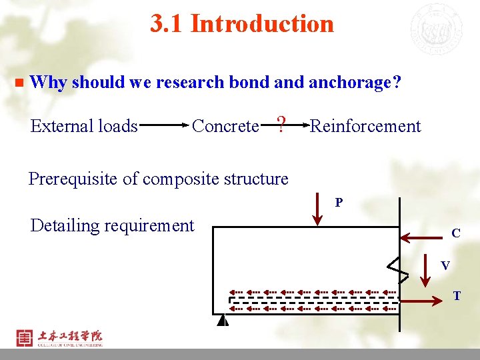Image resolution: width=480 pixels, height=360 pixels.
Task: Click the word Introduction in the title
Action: [x=262, y=24]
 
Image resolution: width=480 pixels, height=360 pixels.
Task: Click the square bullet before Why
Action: [x=19, y=83]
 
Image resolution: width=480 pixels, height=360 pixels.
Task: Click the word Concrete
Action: [x=225, y=126]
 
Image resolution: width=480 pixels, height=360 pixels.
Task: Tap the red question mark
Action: [x=281, y=124]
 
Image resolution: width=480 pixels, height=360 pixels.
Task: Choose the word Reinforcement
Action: [x=365, y=126]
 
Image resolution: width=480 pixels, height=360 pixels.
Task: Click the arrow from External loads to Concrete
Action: [x=163, y=125]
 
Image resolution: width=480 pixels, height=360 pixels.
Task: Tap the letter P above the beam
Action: [x=339, y=202]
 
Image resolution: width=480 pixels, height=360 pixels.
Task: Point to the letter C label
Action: [x=456, y=233]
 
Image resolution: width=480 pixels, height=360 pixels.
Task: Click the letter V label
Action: [x=445, y=265]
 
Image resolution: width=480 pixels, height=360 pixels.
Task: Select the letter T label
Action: [x=457, y=295]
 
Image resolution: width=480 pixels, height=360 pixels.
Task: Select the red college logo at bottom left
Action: [x=25, y=338]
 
